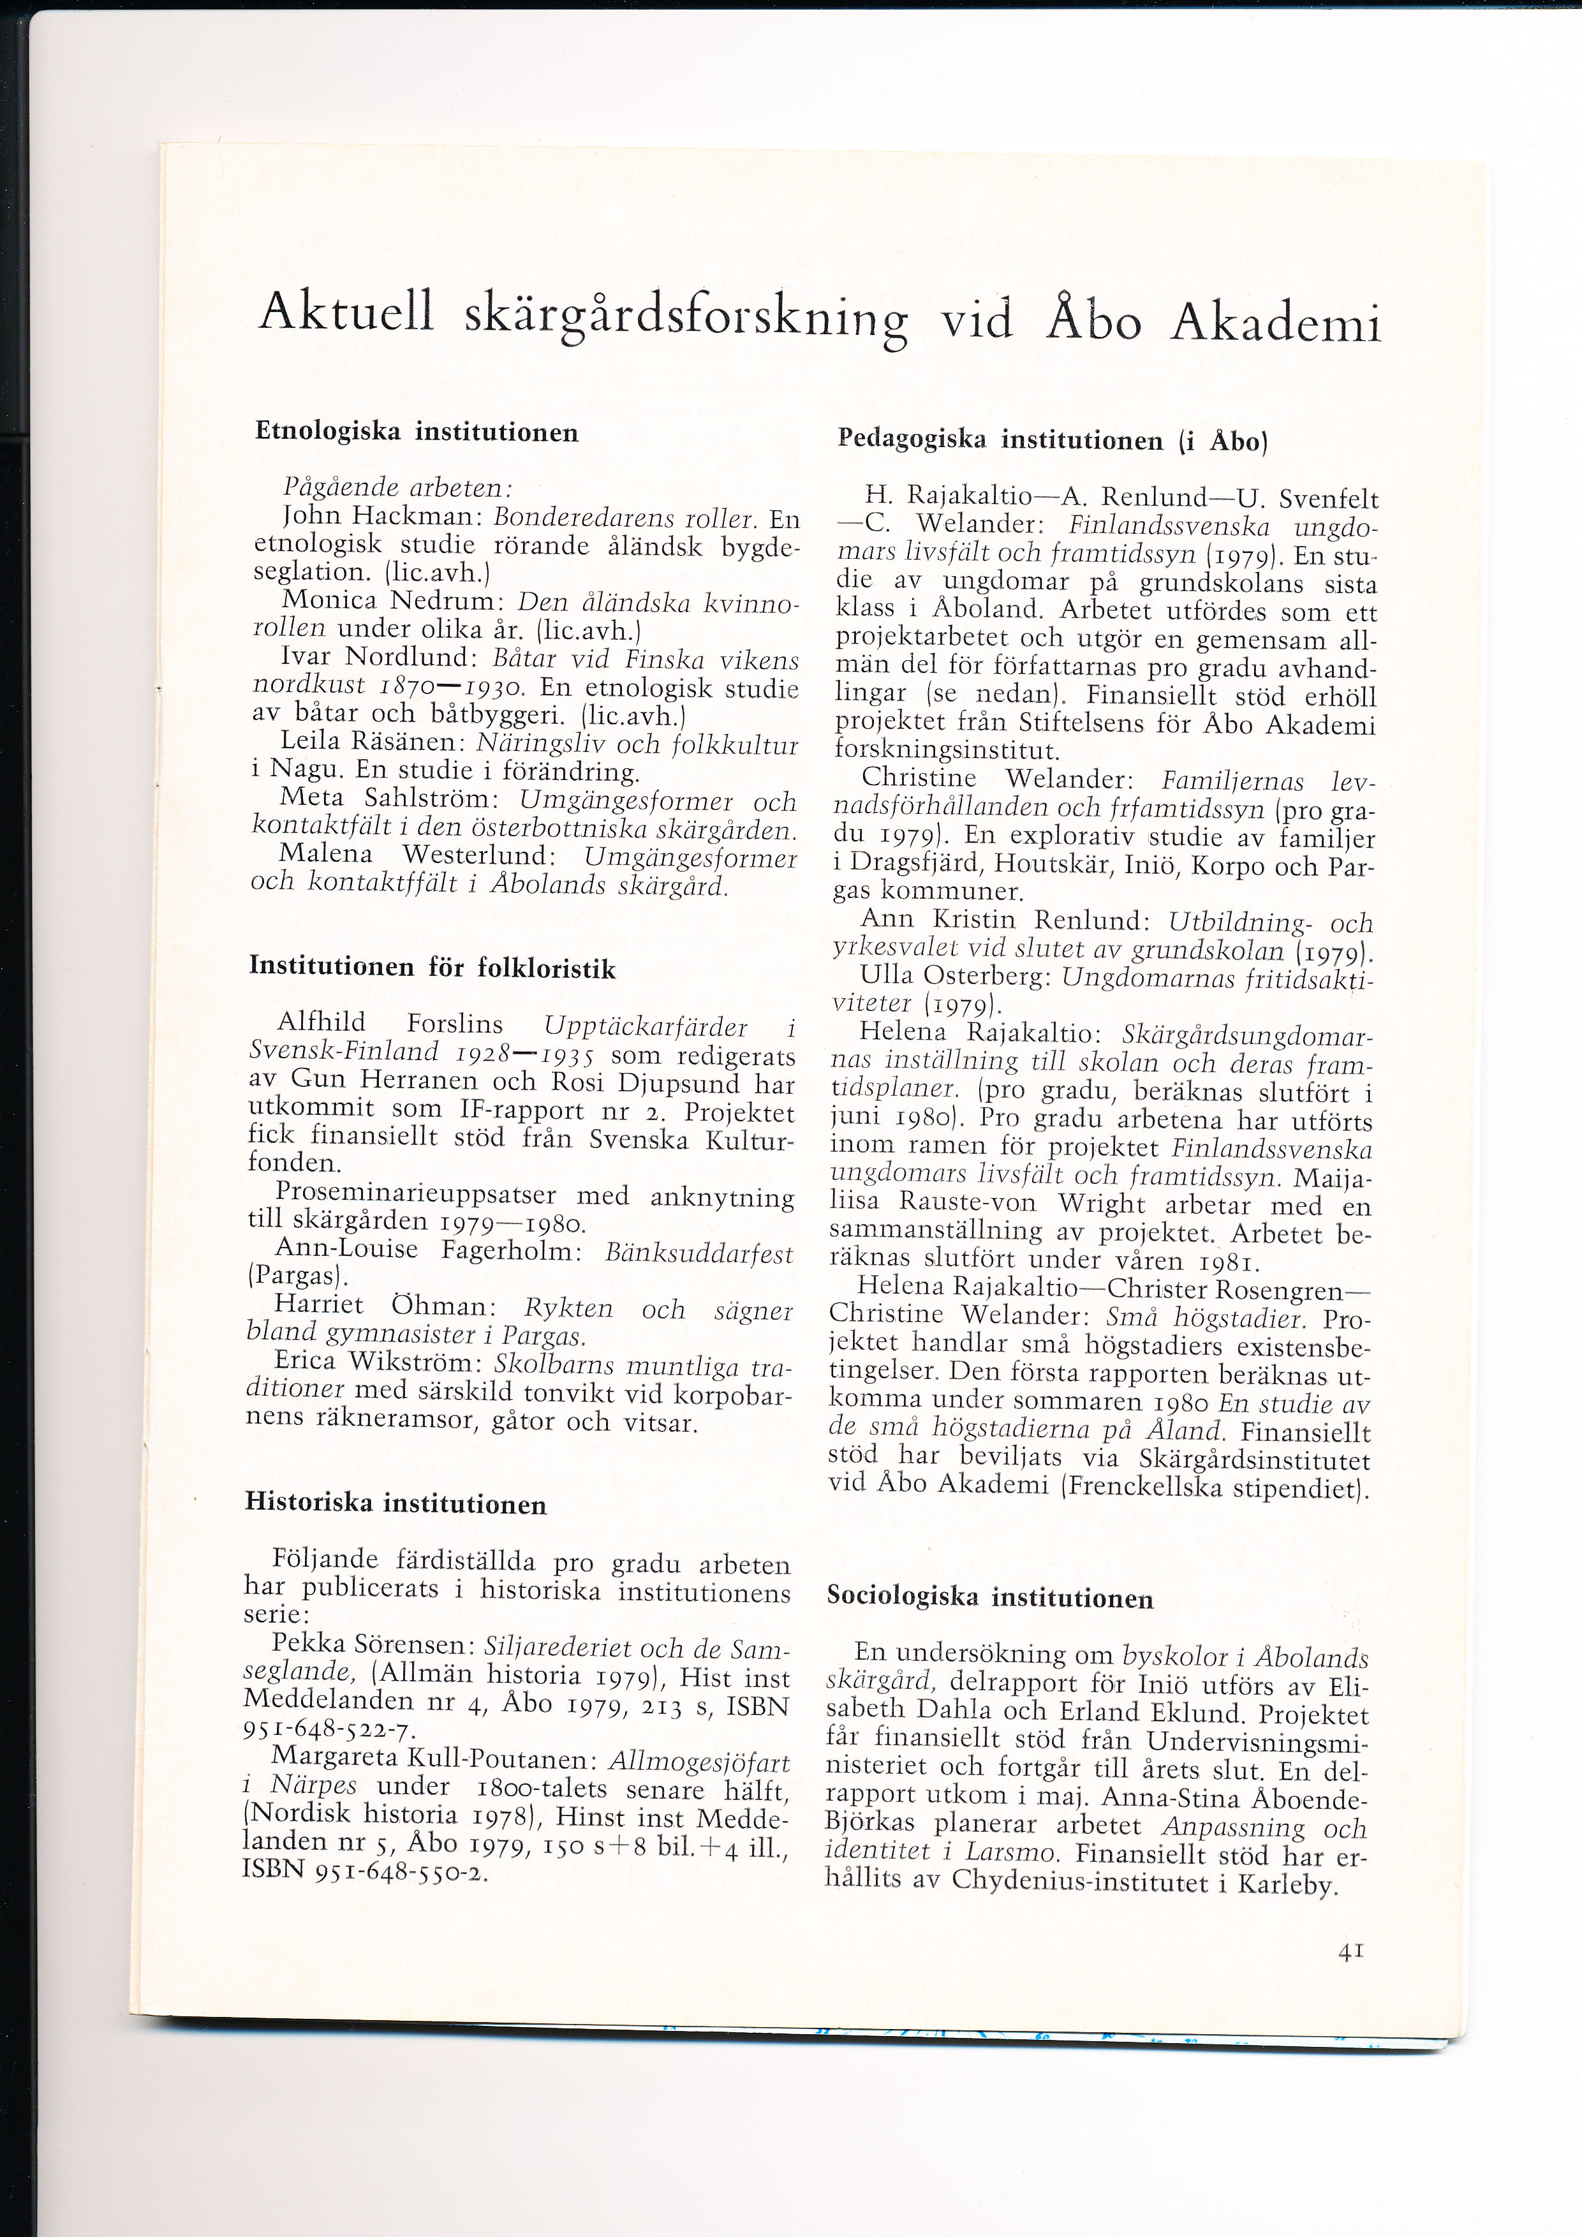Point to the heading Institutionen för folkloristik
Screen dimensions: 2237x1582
[x=432, y=968]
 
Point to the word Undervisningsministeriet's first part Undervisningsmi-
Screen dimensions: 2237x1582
[x=1257, y=1740]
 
